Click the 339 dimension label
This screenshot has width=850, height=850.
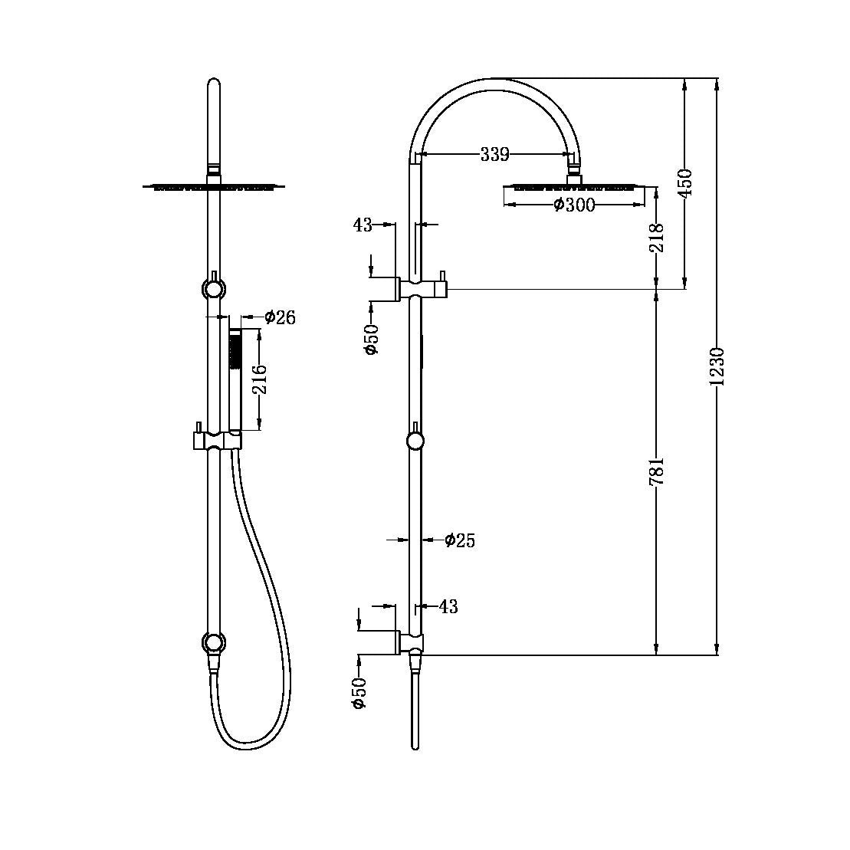coord(494,155)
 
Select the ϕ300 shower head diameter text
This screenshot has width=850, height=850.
coord(574,205)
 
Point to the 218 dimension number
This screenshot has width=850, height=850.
coord(657,238)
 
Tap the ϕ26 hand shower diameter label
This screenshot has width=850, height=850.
coord(280,317)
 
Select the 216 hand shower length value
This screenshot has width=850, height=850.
coord(261,379)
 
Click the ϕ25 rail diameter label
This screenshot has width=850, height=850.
coord(460,541)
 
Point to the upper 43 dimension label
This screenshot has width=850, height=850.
coord(363,225)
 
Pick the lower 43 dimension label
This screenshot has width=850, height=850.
coord(448,607)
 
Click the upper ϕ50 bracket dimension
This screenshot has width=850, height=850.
coord(371,339)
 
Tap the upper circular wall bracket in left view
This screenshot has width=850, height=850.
coord(213,289)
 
